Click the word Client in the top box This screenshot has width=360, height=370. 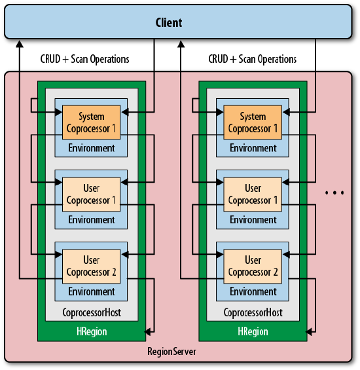tap(169, 23)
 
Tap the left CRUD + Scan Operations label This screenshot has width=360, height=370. tap(84, 59)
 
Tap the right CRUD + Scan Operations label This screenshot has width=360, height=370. tap(253, 59)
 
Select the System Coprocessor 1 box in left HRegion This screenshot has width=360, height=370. tap(91, 122)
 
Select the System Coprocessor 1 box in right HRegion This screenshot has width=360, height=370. tap(253, 122)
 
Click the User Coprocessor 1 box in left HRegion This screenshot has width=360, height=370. tap(91, 194)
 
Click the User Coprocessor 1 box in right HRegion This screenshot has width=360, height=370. tap(253, 194)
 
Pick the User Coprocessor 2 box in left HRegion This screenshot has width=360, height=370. tap(91, 266)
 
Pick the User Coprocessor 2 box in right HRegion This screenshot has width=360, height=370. tap(253, 266)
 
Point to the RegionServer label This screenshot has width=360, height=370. tap(171, 352)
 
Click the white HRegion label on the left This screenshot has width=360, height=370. tap(92, 331)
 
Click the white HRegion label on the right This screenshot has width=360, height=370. tap(253, 331)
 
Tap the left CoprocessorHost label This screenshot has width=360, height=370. tap(92, 312)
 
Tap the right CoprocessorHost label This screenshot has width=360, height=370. tap(253, 312)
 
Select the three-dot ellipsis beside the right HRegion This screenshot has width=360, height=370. tap(334, 193)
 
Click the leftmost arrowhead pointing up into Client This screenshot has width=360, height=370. tap(20, 44)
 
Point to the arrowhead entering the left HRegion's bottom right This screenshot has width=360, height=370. tap(148, 332)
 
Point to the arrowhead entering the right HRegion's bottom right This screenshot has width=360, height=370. tap(309, 332)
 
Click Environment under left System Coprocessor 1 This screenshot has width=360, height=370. tap(92, 148)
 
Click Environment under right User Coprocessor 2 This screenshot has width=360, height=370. tap(253, 292)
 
